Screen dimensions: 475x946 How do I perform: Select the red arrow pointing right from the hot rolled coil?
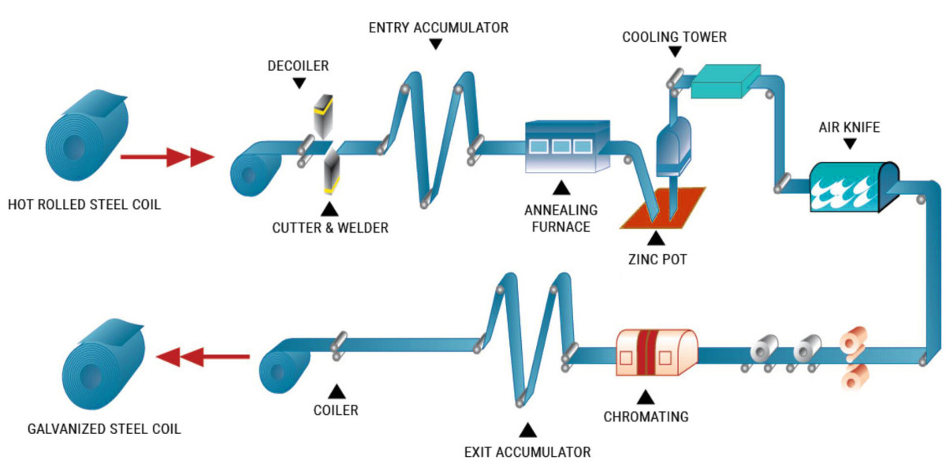(x=166, y=158)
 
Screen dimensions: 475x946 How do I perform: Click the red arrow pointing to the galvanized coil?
(x=203, y=358)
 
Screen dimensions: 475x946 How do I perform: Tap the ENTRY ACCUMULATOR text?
(x=438, y=28)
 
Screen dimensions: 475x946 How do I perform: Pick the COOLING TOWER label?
(x=674, y=37)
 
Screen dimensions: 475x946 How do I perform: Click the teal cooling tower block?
(x=724, y=82)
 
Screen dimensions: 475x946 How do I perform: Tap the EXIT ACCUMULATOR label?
(x=527, y=452)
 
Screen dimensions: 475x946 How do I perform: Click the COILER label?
(x=337, y=410)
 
